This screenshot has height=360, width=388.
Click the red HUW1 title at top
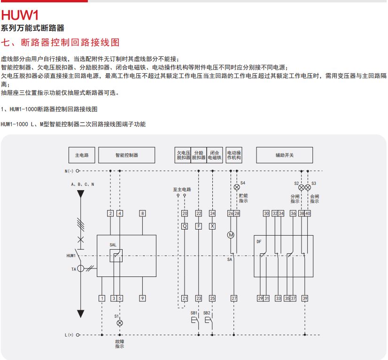[x=20, y=15]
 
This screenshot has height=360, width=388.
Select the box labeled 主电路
[x=82, y=155]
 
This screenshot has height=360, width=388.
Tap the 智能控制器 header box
[x=127, y=155]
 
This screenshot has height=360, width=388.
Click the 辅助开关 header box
[x=285, y=155]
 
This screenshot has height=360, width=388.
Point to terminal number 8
[x=142, y=214]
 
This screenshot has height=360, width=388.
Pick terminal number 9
[x=142, y=298]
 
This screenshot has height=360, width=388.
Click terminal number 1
[x=102, y=298]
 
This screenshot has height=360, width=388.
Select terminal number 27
[x=234, y=298]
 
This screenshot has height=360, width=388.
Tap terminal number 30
[x=266, y=214]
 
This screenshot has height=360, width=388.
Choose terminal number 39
[x=305, y=298]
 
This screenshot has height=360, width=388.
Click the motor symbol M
[x=231, y=235]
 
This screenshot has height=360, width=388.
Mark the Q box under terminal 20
[x=185, y=226]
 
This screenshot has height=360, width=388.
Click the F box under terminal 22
[x=198, y=226]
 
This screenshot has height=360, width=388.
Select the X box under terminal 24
[x=212, y=226]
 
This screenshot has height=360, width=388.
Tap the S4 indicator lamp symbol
[x=237, y=187]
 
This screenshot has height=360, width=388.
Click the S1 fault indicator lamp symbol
[x=120, y=323]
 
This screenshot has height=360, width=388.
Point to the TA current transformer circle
[x=81, y=268]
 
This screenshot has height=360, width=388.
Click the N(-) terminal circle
[x=78, y=171]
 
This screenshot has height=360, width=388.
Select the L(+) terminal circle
[x=78, y=335]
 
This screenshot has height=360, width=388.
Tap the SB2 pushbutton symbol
[x=209, y=321]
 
